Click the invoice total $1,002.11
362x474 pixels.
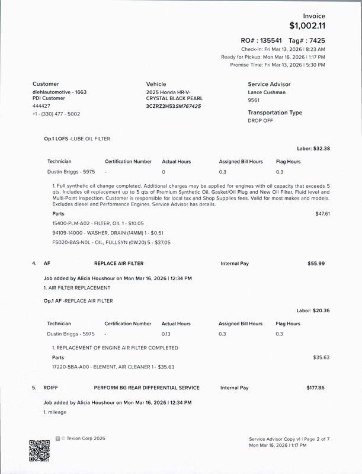pyautogui.click(x=307, y=25)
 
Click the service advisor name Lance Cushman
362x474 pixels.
pyautogui.click(x=267, y=93)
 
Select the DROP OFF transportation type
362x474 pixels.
pyautogui.click(x=261, y=120)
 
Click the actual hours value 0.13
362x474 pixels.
pyautogui.click(x=166, y=334)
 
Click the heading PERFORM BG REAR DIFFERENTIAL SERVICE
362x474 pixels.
pyautogui.click(x=146, y=387)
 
